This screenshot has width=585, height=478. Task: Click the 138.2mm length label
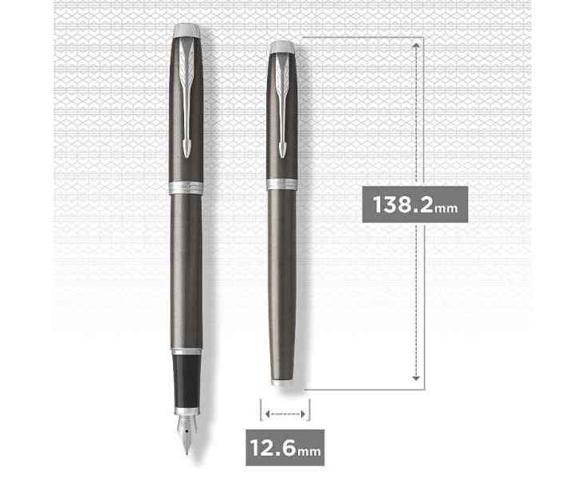(x=415, y=205)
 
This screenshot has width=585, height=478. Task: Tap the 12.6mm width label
(x=285, y=448)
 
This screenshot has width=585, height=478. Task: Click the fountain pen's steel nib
(x=186, y=433)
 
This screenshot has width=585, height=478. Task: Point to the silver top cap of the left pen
(x=186, y=30)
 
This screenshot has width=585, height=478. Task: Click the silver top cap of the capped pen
(x=282, y=47)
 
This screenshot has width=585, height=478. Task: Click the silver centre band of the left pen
(x=186, y=187)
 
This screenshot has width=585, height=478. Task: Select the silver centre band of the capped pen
(x=282, y=185)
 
